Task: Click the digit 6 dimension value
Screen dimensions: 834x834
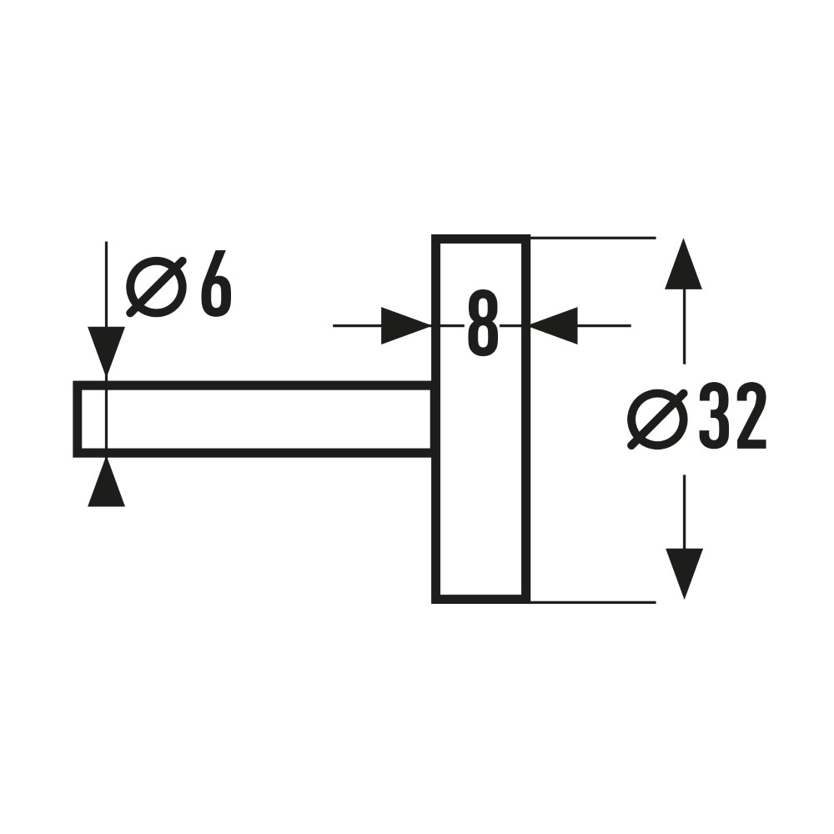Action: click(216, 284)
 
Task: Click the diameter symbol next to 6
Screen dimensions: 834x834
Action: click(157, 287)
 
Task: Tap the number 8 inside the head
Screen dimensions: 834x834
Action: click(483, 324)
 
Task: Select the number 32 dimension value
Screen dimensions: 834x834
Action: click(732, 416)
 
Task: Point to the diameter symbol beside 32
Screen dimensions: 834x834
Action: click(657, 420)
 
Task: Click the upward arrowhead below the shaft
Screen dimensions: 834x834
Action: click(107, 482)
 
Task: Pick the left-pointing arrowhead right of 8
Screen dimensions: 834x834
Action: click(554, 325)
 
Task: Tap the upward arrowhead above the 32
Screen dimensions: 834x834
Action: click(684, 264)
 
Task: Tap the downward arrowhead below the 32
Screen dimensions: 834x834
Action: click(684, 574)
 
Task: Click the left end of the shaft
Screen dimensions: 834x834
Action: click(77, 420)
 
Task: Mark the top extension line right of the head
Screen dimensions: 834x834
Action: click(593, 238)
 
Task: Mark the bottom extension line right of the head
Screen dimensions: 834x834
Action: click(593, 602)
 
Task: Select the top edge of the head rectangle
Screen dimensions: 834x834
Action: click(481, 239)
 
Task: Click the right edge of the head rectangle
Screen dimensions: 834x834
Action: click(526, 420)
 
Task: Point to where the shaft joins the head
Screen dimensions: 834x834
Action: click(435, 420)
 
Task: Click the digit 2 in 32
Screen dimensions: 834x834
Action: click(751, 416)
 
